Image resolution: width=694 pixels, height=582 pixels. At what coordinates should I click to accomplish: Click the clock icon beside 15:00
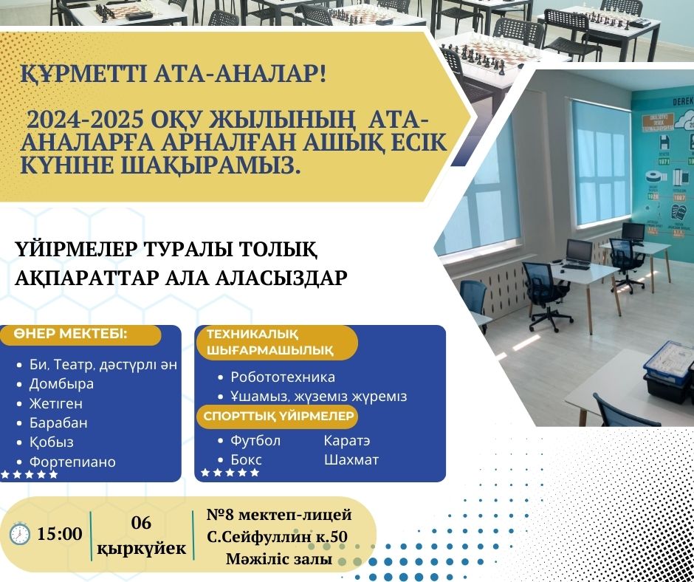click(19, 534)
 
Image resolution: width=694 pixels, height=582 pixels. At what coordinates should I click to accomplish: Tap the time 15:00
click(59, 534)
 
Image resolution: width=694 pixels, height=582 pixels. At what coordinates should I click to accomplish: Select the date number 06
click(141, 523)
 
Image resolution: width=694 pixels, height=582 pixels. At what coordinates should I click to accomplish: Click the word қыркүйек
click(142, 548)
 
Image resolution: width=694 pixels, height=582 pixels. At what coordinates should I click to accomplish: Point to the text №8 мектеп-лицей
click(279, 515)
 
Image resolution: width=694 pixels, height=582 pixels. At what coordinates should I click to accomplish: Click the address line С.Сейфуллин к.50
click(277, 537)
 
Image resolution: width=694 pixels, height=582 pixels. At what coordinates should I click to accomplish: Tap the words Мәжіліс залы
click(279, 559)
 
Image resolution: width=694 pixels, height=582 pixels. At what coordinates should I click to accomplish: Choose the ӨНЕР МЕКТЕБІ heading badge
click(80, 335)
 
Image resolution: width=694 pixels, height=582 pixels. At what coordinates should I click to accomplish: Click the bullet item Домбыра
click(61, 383)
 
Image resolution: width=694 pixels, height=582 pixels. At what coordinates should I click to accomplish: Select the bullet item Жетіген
click(56, 403)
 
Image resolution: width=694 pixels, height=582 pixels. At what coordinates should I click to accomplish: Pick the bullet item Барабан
click(58, 423)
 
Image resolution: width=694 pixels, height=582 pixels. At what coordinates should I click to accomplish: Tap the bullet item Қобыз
click(52, 442)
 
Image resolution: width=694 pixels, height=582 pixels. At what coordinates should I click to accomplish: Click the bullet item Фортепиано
click(72, 462)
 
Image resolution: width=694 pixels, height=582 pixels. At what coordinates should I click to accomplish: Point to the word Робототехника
click(283, 377)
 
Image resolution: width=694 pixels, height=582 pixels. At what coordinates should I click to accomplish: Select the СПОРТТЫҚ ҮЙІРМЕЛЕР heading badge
click(278, 417)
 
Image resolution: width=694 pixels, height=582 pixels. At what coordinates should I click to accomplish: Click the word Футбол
click(255, 441)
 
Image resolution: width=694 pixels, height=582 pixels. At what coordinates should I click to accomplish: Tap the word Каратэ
click(347, 441)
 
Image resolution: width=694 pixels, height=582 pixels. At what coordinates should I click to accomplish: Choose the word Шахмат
click(351, 459)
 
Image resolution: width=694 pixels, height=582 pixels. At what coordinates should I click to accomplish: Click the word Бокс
click(246, 459)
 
